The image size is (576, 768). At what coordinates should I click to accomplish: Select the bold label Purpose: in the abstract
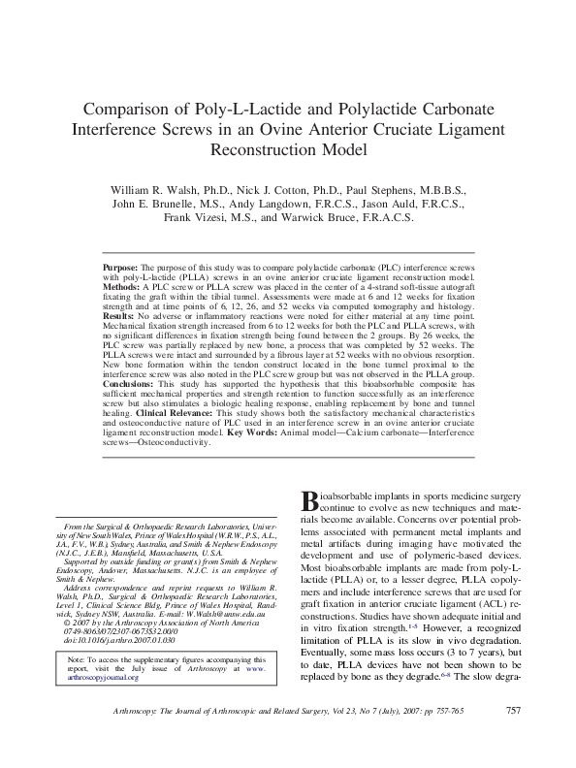pyautogui.click(x=123, y=265)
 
